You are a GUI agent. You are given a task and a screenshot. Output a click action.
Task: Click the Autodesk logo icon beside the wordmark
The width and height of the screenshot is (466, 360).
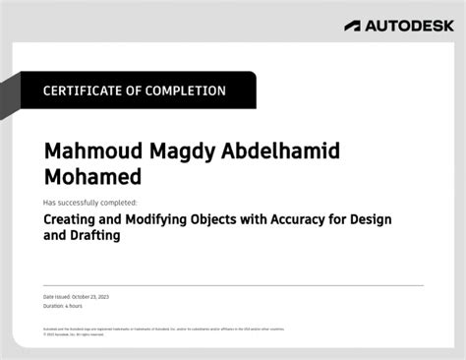[353, 27]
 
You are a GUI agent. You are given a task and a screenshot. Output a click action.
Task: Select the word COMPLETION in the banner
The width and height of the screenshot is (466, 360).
[186, 90]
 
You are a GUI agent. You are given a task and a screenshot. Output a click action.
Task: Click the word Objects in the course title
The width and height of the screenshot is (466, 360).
[227, 220]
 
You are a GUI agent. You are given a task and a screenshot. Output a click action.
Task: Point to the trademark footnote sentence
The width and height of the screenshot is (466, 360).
[162, 329]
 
